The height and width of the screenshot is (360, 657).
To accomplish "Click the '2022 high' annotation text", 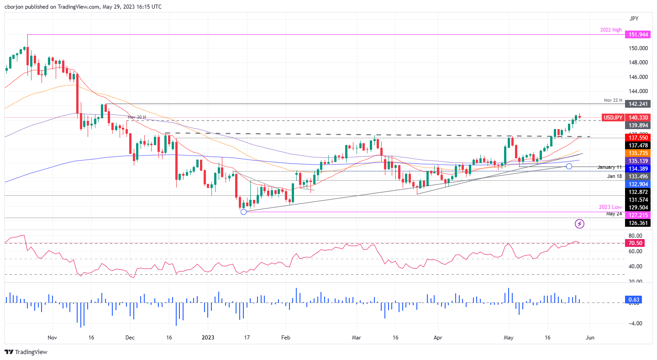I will click(611, 30).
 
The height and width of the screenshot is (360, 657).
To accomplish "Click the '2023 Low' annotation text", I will click(611, 207).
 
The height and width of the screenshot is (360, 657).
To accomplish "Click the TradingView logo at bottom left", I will click(26, 352).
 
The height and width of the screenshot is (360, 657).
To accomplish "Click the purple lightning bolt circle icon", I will click(579, 224).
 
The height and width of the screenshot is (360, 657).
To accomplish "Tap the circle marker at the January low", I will click(243, 211).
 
